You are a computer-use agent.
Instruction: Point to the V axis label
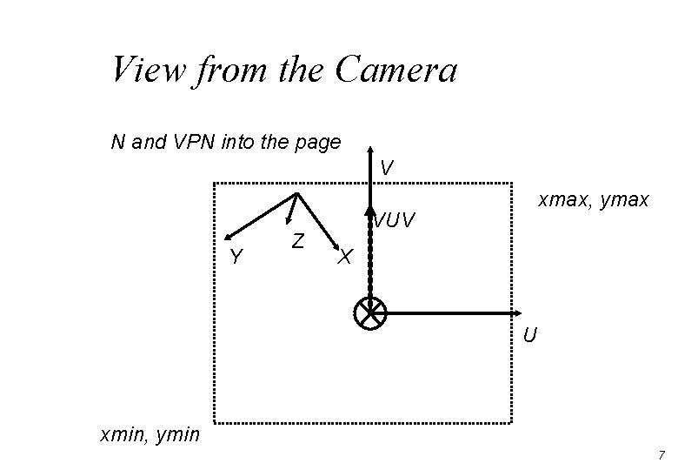(388, 166)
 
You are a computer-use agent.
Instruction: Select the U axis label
(529, 335)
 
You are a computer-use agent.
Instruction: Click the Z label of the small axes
(296, 239)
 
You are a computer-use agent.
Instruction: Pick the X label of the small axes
(346, 256)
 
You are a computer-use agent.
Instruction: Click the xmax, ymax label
(593, 200)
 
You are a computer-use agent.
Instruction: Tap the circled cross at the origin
(369, 313)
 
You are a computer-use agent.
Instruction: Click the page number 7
(661, 455)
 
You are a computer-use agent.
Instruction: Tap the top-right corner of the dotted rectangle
(511, 184)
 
